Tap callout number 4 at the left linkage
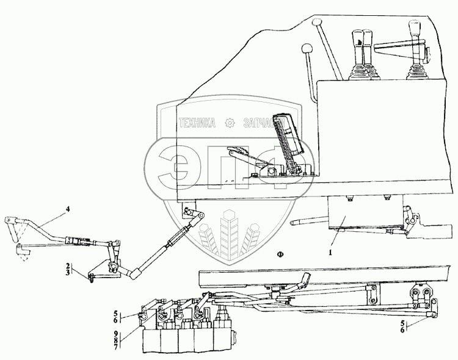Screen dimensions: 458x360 point(68,210)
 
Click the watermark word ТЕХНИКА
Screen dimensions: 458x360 point(196,123)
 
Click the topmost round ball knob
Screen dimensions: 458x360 point(316,23)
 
